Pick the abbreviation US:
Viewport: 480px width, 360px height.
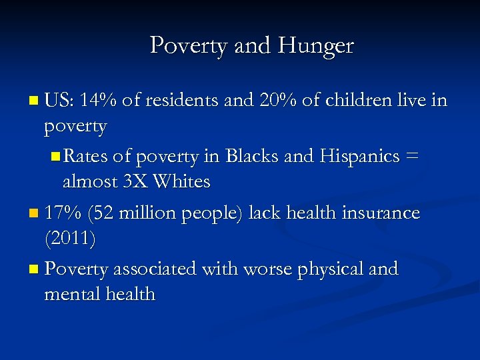click(x=59, y=101)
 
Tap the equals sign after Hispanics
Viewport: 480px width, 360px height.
click(x=413, y=157)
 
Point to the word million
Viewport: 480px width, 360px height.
click(x=146, y=213)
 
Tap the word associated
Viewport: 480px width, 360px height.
click(x=154, y=269)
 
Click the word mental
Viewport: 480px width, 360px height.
click(x=69, y=293)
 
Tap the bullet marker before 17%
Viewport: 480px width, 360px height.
click(x=35, y=214)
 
